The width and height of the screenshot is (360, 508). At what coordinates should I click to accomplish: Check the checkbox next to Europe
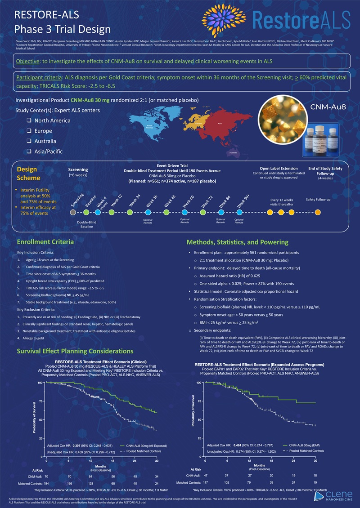(x=29, y=131)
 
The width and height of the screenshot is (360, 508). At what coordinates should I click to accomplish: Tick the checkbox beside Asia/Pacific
(x=29, y=152)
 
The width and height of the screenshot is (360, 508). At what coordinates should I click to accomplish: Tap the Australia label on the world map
(x=234, y=152)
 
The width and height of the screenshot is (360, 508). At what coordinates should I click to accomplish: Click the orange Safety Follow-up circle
(x=318, y=212)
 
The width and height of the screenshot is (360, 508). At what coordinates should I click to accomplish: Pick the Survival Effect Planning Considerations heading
(x=75, y=351)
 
